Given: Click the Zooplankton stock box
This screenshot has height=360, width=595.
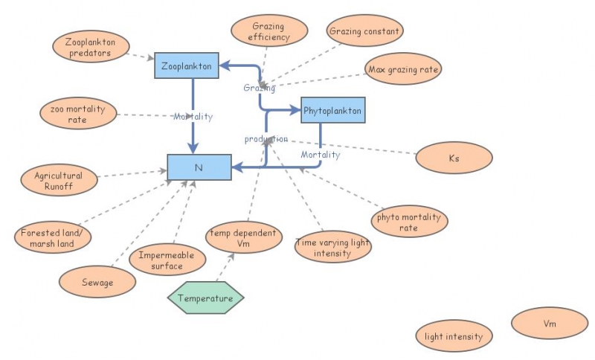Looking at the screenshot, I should (186, 66).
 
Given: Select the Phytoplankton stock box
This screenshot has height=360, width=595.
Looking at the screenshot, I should (332, 112).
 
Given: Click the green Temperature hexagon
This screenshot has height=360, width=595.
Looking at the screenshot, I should (206, 298).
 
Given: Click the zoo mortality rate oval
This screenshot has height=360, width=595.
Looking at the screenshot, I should (78, 115).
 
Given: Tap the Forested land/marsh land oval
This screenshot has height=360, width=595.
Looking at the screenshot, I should (53, 237).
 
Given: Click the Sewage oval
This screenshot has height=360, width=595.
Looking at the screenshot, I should (98, 283).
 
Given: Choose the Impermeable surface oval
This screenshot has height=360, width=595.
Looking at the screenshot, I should (167, 260).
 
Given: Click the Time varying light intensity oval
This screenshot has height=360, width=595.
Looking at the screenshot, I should (332, 248).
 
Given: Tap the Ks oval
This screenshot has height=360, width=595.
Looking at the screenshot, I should (454, 158).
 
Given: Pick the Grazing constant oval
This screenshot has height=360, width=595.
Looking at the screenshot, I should (365, 31).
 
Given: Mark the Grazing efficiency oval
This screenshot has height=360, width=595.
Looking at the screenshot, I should (268, 31).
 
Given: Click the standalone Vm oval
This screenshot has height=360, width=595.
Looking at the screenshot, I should (549, 324).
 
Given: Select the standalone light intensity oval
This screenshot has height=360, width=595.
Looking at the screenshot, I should (454, 336).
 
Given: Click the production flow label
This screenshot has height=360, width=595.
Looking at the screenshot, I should (266, 139).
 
